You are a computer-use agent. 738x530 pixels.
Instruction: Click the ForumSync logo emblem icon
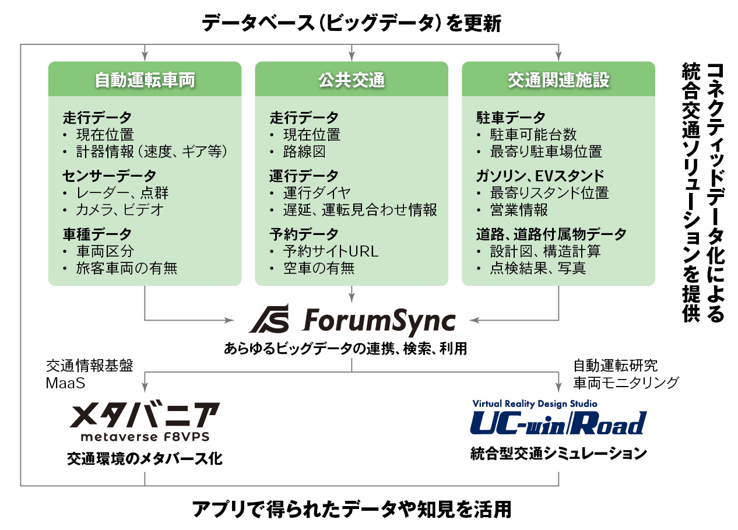pos(269,321)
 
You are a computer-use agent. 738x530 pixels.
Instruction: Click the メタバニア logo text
pos(145,415)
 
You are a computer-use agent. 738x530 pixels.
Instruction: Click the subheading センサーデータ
pos(110,176)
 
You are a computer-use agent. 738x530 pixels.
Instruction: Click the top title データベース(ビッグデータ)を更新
pos(352,24)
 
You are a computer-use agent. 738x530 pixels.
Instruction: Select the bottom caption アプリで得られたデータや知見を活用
pos(352,509)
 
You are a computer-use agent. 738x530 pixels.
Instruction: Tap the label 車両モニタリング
pos(626,382)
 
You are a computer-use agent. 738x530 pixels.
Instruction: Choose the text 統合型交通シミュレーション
pos(558,453)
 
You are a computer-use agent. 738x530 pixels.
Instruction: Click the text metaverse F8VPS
pos(145,437)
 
